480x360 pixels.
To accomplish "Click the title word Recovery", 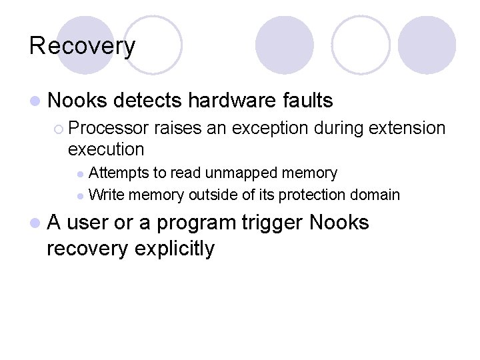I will click(x=82, y=46).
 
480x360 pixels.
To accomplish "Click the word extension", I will click(x=403, y=128).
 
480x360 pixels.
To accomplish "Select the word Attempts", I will click(x=119, y=173).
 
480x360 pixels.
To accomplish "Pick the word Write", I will click(x=106, y=195).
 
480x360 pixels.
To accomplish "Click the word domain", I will click(x=376, y=195).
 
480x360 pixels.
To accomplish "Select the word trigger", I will click(x=272, y=222).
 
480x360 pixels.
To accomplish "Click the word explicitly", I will click(x=175, y=249).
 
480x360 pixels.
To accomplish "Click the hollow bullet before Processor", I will click(x=59, y=129).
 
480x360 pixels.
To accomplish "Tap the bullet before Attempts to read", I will click(x=81, y=174).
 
